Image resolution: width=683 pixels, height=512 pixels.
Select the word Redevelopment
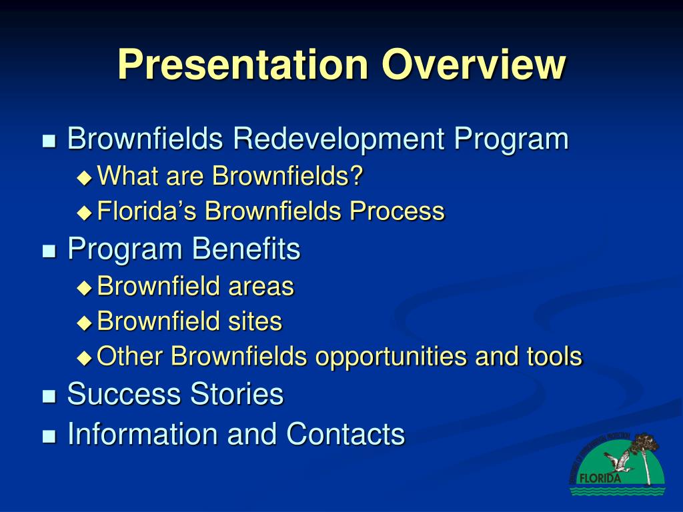point(339,139)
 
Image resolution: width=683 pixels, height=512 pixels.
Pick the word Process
point(398,211)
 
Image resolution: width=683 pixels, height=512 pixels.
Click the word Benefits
point(246,249)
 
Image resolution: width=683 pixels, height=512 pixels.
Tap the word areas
point(261,287)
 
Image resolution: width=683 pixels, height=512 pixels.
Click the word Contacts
point(346,434)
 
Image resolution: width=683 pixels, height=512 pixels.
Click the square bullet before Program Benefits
point(49,251)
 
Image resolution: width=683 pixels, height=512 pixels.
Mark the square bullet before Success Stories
point(49,396)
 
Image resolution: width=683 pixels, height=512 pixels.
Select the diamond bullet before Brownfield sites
point(84,323)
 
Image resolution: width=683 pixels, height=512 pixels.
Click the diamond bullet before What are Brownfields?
point(84,177)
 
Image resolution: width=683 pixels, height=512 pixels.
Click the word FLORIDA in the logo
point(598,478)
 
